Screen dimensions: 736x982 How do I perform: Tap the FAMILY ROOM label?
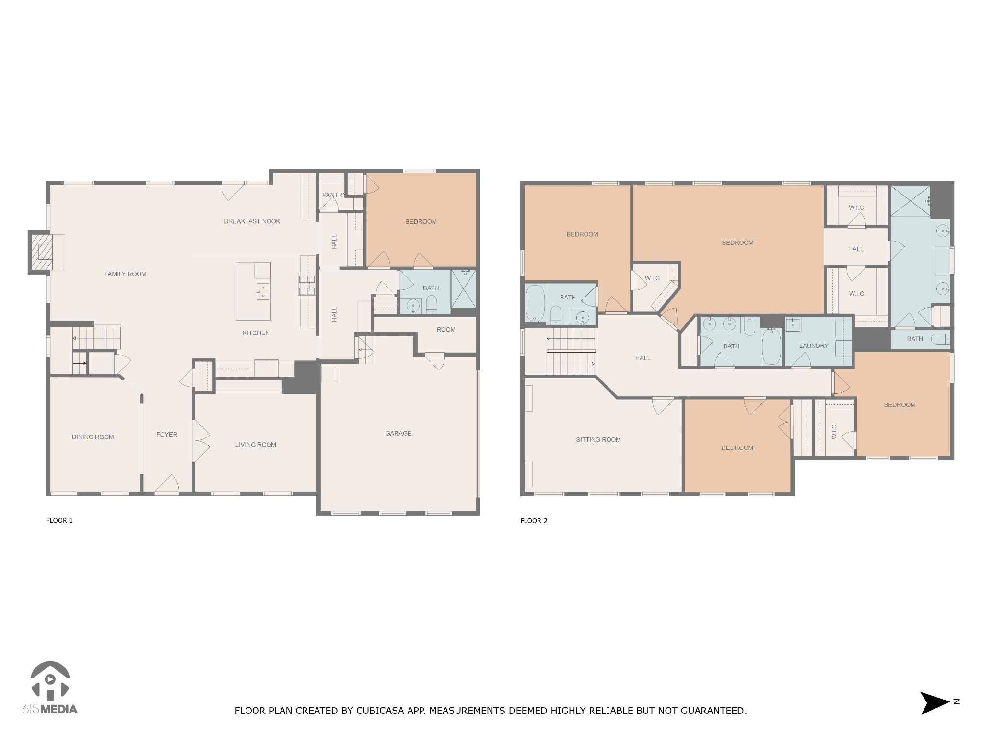tap(125, 274)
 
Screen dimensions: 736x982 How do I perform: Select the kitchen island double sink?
tap(263, 291)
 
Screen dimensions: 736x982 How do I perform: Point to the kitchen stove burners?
tap(307, 285)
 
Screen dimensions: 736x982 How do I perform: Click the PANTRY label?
tap(333, 195)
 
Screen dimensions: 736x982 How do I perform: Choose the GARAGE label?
tap(398, 434)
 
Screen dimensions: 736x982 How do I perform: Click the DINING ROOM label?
tap(93, 437)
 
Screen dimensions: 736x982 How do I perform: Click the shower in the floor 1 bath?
tap(463, 288)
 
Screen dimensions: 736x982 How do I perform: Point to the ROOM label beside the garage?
tap(445, 330)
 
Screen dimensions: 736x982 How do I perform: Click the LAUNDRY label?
tap(814, 346)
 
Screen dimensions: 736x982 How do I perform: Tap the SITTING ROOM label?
tap(598, 440)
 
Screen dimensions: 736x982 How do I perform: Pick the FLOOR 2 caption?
tap(533, 521)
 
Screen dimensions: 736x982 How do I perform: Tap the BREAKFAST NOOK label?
tap(252, 221)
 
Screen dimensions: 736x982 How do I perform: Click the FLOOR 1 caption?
tap(59, 520)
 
